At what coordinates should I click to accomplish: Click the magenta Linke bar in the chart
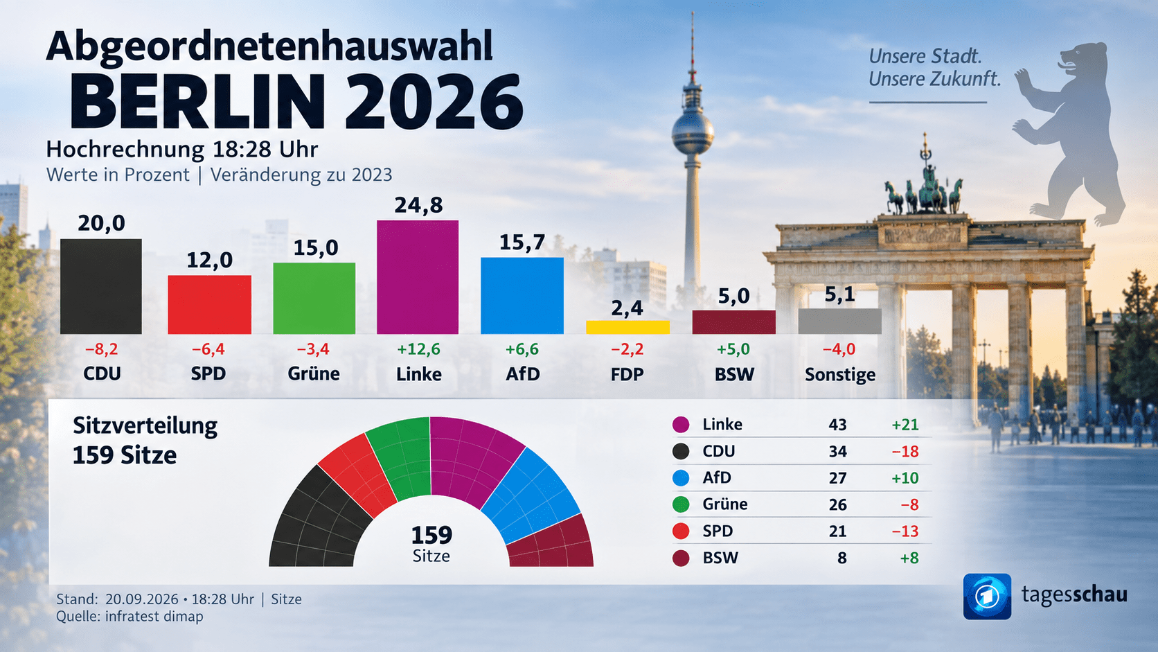click(418, 277)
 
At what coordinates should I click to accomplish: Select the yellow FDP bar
click(627, 327)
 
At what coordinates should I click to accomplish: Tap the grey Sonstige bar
click(839, 321)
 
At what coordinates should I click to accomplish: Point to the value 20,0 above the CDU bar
click(101, 223)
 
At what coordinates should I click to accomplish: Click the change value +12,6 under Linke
click(418, 349)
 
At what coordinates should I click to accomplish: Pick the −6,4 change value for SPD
click(208, 349)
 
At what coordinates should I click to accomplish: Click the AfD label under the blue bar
click(523, 374)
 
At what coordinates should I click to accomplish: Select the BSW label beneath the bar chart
click(734, 374)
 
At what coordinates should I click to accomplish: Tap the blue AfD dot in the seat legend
click(681, 478)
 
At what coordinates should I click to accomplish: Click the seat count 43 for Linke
click(837, 425)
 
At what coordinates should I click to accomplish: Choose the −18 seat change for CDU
click(905, 452)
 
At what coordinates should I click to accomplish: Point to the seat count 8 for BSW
click(842, 558)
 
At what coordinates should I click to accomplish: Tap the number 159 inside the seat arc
click(431, 535)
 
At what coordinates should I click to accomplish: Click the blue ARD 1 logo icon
click(987, 596)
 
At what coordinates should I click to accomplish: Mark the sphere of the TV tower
click(693, 134)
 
